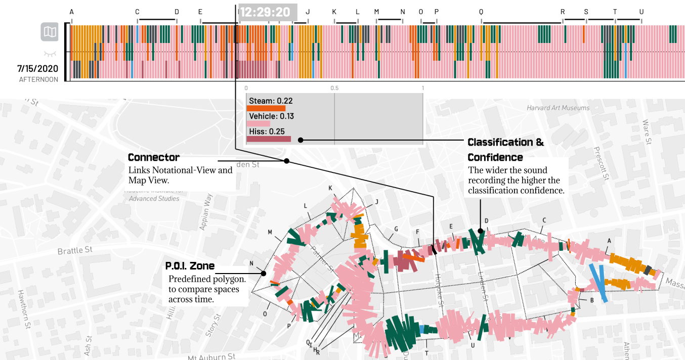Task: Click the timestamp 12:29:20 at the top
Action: (x=265, y=12)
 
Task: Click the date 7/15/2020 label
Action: (x=37, y=68)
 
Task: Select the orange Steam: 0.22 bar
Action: (x=266, y=108)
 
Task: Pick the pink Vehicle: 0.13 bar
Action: (x=258, y=123)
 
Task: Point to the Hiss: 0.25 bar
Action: (x=269, y=139)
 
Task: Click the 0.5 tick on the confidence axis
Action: (x=334, y=87)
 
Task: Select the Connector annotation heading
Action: (x=154, y=157)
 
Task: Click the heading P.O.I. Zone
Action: (x=190, y=266)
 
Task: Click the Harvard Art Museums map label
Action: (x=558, y=108)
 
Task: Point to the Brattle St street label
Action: (x=75, y=250)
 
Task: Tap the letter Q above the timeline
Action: (x=481, y=12)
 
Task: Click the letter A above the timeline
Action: (x=71, y=12)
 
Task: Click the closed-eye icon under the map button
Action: (x=49, y=53)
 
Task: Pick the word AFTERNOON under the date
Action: (x=38, y=79)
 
